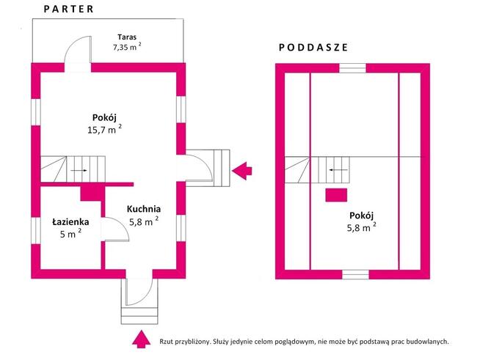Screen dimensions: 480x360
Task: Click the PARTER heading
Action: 68,9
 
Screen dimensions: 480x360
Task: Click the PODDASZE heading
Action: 313,48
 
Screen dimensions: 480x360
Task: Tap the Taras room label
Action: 127,37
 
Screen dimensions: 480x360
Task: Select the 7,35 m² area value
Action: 127,47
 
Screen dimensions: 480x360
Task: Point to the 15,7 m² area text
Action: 105,129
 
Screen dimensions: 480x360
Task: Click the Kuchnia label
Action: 144,209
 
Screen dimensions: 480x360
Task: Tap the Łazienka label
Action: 70,221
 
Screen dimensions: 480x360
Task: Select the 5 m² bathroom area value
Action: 70,234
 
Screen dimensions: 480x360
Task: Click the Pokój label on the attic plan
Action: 362,216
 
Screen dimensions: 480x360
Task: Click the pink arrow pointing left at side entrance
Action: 242,171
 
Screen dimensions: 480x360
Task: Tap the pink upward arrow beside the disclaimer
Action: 141,339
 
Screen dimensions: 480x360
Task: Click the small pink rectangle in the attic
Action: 336,195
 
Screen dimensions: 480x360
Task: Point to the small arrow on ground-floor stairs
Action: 79,170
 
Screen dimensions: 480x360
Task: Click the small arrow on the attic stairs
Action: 338,170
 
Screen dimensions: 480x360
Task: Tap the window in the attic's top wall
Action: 352,68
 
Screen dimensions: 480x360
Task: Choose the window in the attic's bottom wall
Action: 355,274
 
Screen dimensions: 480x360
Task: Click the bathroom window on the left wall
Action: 36,231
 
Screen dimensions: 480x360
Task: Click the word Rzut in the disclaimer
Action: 166,342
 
